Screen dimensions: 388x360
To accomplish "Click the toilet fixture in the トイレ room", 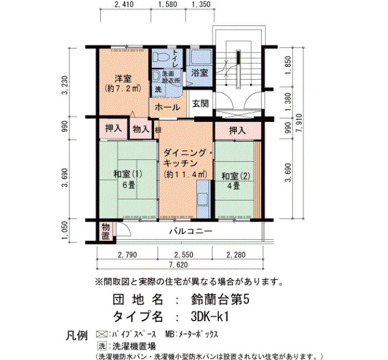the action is click(160, 58).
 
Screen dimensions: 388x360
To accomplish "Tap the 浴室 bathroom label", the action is click(200, 73).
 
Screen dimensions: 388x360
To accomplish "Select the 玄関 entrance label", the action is click(200, 104).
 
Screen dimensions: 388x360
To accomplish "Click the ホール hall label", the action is click(167, 107).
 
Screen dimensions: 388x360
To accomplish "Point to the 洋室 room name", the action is click(123, 79).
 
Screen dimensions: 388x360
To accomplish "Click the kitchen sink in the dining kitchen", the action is click(203, 199).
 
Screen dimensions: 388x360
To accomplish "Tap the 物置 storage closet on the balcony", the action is click(106, 232).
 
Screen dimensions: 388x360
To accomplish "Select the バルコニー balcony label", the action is click(191, 232).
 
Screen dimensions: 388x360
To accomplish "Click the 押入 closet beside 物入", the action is click(114, 128).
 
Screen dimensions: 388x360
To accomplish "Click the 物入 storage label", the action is click(141, 129).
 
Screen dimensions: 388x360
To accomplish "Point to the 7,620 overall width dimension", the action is click(178, 265).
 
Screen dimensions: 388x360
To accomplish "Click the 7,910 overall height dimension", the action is click(299, 123).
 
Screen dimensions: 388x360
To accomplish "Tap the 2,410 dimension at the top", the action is click(124, 4).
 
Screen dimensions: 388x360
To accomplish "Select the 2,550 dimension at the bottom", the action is click(184, 255).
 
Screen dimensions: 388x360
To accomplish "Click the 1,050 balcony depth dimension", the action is click(64, 230).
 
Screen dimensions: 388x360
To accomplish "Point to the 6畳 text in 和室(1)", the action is click(129, 184).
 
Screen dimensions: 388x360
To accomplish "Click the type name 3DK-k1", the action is click(210, 316).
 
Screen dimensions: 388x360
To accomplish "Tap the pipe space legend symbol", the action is click(101, 335).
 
